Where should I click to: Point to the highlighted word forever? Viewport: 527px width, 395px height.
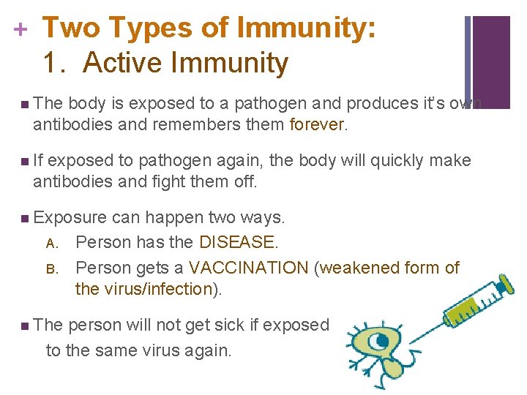(x=316, y=124)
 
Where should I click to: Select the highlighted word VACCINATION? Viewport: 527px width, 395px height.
(x=249, y=268)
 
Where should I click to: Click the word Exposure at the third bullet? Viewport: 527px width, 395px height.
(x=70, y=217)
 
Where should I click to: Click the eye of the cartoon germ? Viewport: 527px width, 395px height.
(x=381, y=342)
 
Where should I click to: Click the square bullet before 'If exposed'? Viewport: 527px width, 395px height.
(x=26, y=160)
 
